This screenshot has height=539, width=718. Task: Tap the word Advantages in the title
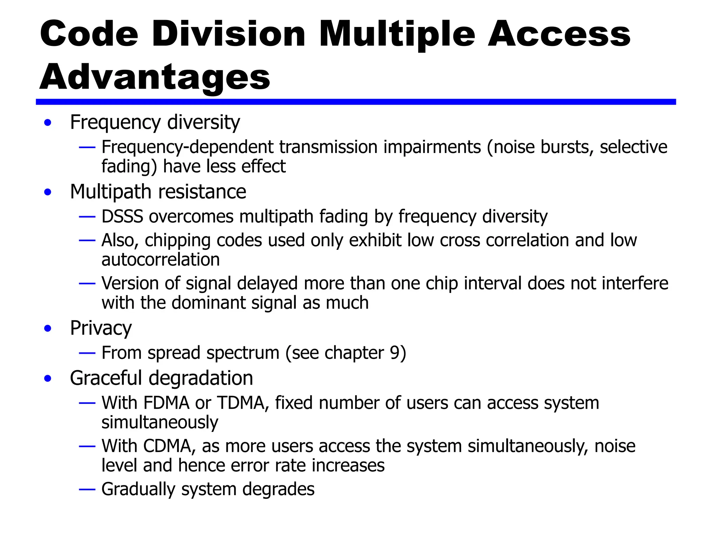155,78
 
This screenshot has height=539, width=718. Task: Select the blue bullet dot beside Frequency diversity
48,123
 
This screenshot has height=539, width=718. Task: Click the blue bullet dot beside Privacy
48,328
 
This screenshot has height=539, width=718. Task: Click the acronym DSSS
122,217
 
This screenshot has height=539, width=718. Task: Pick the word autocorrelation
161,260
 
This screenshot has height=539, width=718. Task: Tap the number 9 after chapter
395,353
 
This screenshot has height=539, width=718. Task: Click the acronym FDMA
167,403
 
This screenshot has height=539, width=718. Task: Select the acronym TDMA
241,403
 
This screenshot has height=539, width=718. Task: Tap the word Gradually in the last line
138,490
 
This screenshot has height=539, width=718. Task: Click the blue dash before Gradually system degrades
87,489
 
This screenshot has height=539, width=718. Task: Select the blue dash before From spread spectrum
87,353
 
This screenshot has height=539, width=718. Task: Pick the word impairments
432,147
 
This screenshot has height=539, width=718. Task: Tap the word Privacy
101,328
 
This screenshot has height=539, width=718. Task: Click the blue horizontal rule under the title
355,102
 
